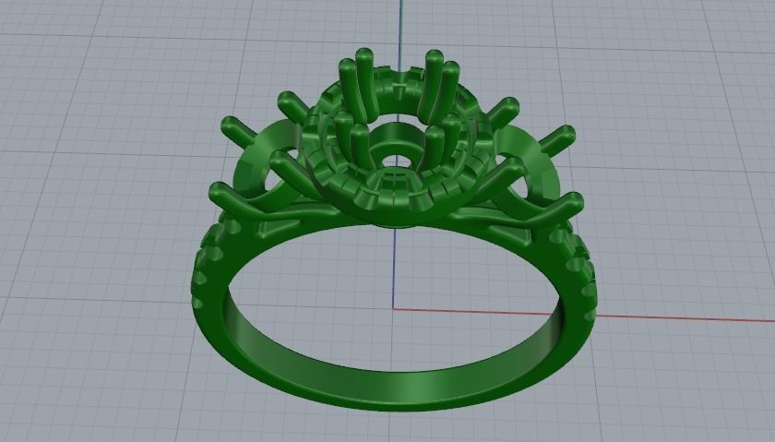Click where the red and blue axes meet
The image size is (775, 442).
[x=395, y=309]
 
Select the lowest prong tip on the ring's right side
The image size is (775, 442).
[x=574, y=199]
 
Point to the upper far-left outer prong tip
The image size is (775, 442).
[x=227, y=124]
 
